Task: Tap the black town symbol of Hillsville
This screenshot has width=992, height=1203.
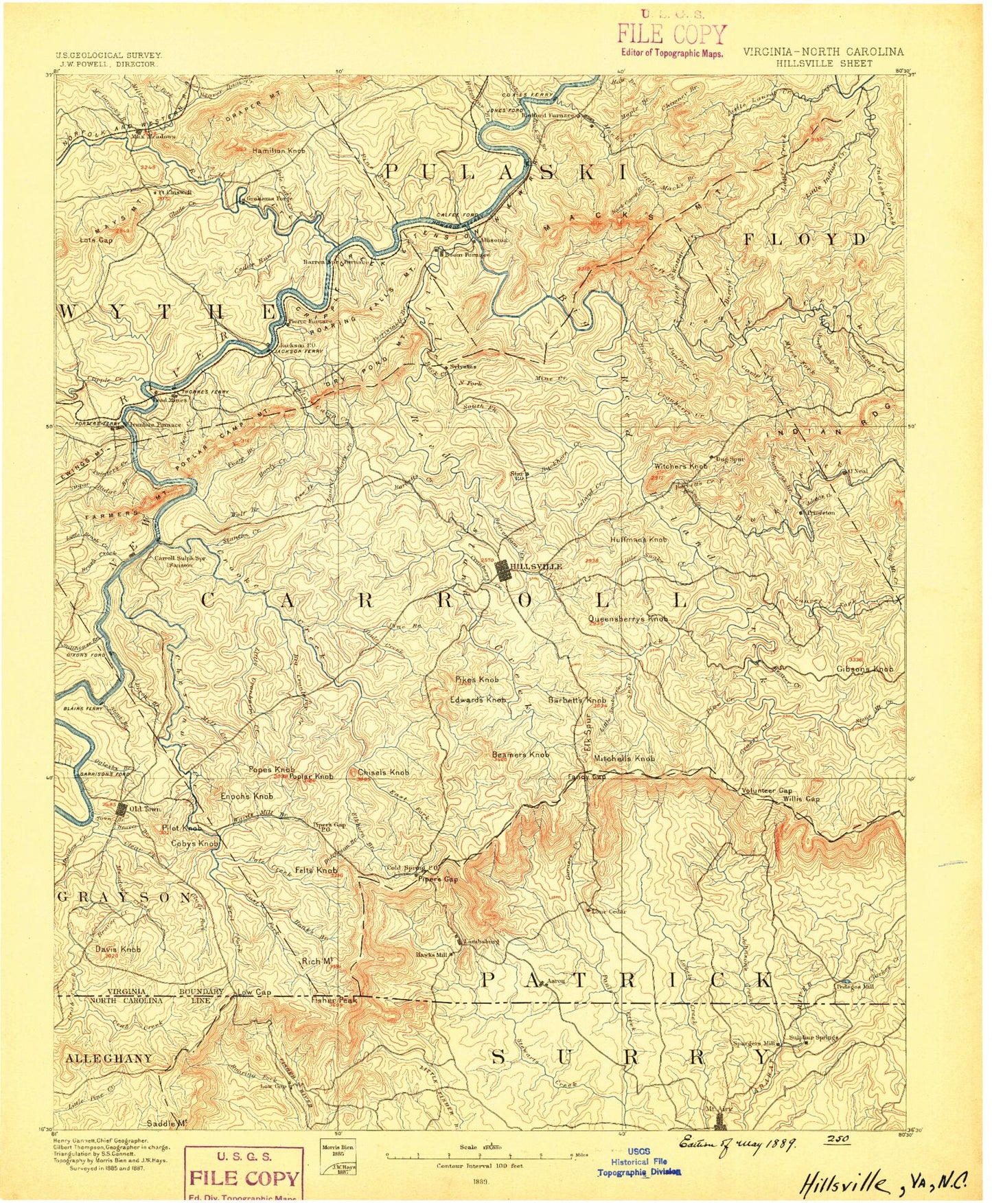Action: pos(503,569)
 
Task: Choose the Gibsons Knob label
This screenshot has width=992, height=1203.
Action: pos(864,669)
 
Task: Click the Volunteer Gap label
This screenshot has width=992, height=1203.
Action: pos(767,790)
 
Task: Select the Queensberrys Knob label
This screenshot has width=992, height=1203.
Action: pos(627,619)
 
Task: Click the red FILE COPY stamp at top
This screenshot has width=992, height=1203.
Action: pos(671,34)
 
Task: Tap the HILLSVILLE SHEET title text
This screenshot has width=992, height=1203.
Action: pos(824,63)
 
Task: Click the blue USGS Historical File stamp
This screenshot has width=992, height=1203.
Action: pos(638,1162)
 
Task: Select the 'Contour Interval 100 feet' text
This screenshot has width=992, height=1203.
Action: pos(480,1165)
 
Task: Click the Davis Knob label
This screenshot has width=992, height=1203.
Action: pos(118,949)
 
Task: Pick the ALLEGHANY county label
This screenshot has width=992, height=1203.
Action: pos(108,1058)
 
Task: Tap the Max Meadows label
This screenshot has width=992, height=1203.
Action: pos(154,136)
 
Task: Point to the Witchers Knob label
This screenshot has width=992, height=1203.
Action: pos(680,466)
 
